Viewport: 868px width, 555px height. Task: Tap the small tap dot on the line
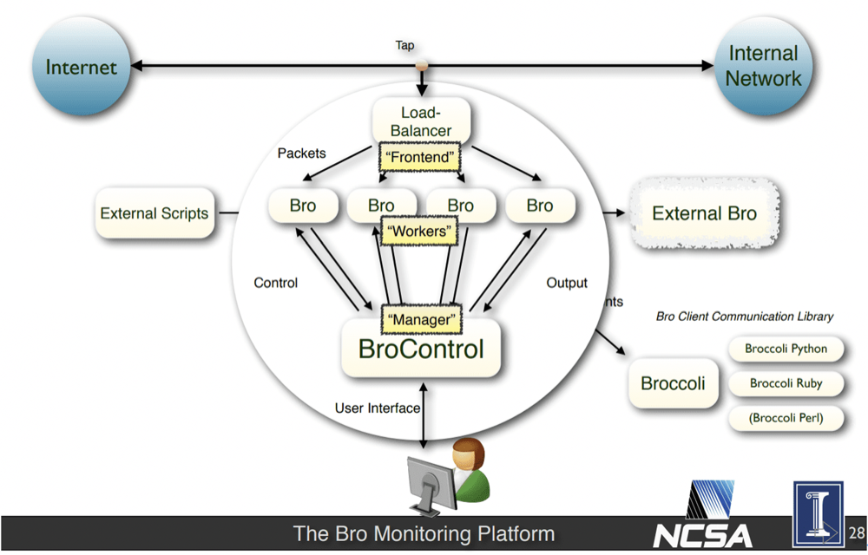(422, 66)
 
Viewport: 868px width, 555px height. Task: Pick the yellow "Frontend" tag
(420, 158)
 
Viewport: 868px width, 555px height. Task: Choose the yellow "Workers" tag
(420, 232)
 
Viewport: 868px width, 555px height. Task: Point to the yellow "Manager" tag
(421, 319)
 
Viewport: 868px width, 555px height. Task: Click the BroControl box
(421, 349)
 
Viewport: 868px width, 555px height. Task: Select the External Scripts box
(155, 212)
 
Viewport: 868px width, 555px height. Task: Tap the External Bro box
(704, 213)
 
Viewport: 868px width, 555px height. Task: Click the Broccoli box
(673, 383)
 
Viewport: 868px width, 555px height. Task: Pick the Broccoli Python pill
(786, 349)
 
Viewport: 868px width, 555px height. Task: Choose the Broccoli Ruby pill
(786, 383)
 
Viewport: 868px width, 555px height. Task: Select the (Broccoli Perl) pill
(786, 418)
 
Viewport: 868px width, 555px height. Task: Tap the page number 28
(857, 532)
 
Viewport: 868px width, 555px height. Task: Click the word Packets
(301, 153)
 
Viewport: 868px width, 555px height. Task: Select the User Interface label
(377, 408)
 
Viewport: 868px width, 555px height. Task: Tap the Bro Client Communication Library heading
(744, 317)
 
